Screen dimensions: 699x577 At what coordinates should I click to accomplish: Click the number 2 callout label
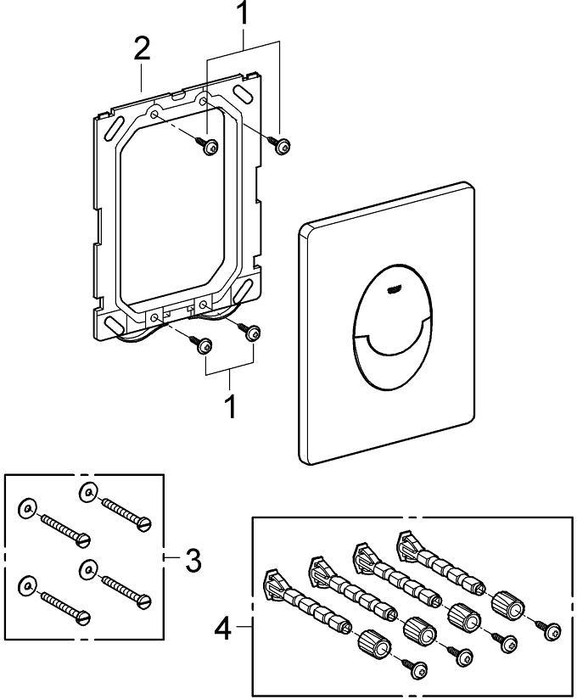click(141, 48)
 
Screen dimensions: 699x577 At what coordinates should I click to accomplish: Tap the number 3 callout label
click(193, 559)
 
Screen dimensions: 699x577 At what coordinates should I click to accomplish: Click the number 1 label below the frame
click(228, 405)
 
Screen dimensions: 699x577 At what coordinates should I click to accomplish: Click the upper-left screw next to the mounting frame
click(208, 148)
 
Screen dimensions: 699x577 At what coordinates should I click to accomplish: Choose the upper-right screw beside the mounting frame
click(282, 147)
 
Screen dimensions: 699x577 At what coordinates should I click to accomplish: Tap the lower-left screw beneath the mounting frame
click(204, 345)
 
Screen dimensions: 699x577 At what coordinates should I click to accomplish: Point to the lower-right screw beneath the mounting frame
click(251, 333)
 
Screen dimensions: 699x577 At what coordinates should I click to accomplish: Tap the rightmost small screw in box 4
click(553, 629)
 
